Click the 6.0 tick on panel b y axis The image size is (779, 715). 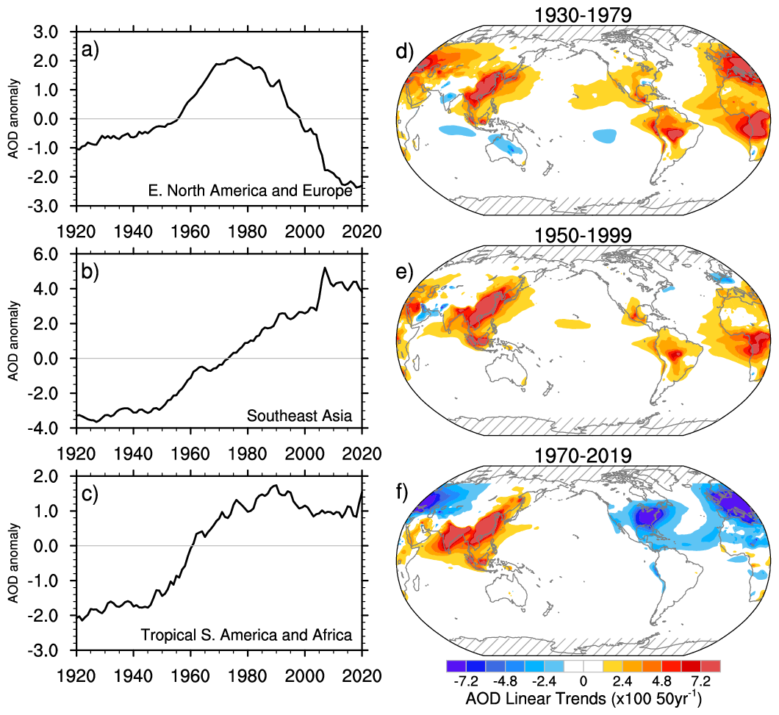point(51,254)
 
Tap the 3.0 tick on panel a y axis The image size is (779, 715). point(51,32)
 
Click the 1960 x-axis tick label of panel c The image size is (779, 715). point(190,675)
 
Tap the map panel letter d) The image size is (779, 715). point(406,53)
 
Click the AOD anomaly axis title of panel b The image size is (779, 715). point(12,344)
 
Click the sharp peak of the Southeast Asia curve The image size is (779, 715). point(325,268)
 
